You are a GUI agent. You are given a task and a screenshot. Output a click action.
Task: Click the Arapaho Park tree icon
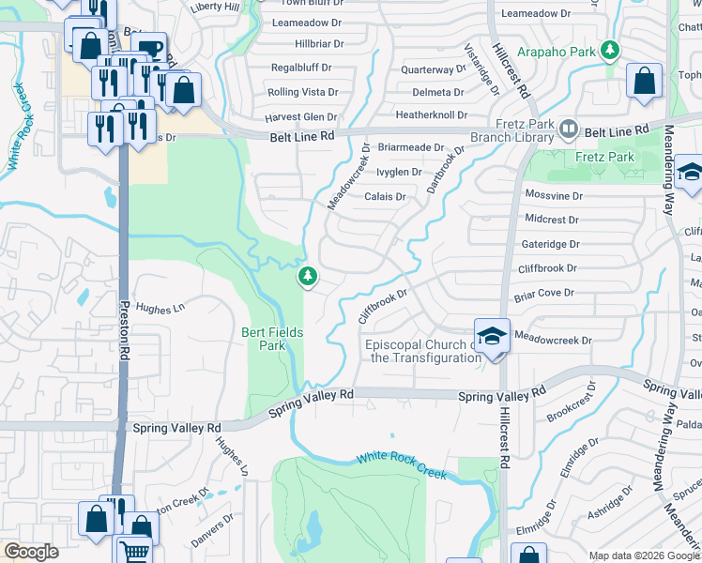point(610,49)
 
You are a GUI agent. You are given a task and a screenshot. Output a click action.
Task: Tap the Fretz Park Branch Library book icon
point(568,128)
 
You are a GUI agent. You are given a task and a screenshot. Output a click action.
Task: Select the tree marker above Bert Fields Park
point(306,276)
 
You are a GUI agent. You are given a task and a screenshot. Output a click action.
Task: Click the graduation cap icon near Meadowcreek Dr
point(492,335)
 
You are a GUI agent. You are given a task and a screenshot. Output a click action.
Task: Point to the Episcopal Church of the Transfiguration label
point(424,351)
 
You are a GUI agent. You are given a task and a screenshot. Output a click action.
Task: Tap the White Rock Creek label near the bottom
point(401,465)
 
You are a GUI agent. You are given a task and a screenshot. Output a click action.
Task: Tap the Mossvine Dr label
point(554,194)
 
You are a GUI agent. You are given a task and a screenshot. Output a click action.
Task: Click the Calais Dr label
point(385,197)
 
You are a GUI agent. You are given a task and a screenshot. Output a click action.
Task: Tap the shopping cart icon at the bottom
point(134,552)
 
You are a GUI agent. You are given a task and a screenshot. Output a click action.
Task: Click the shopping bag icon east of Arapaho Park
point(645,82)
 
